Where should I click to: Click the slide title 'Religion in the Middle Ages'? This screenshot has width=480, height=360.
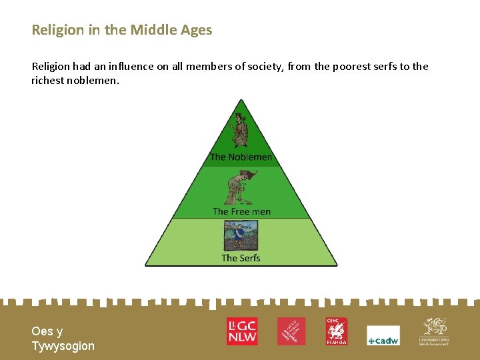coord(122,30)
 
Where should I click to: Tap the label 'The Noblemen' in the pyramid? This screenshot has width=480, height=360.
coord(241,157)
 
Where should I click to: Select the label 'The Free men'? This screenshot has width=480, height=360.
coord(241,211)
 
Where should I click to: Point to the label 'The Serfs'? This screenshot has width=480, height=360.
coord(241,258)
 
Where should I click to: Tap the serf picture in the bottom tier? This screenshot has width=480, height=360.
coord(241,235)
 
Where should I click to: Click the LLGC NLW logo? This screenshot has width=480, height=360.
coord(242,331)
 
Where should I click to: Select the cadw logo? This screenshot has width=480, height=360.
coord(383,336)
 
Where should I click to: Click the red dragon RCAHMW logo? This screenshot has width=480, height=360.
coord(337,331)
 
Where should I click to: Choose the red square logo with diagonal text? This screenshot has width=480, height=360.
coord(291,331)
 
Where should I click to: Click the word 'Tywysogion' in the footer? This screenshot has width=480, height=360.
coord(63,346)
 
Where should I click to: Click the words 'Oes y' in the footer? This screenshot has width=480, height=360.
coord(47,331)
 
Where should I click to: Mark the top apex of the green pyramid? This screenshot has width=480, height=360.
coord(241,100)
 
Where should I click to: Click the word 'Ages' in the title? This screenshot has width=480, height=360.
coord(197,30)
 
